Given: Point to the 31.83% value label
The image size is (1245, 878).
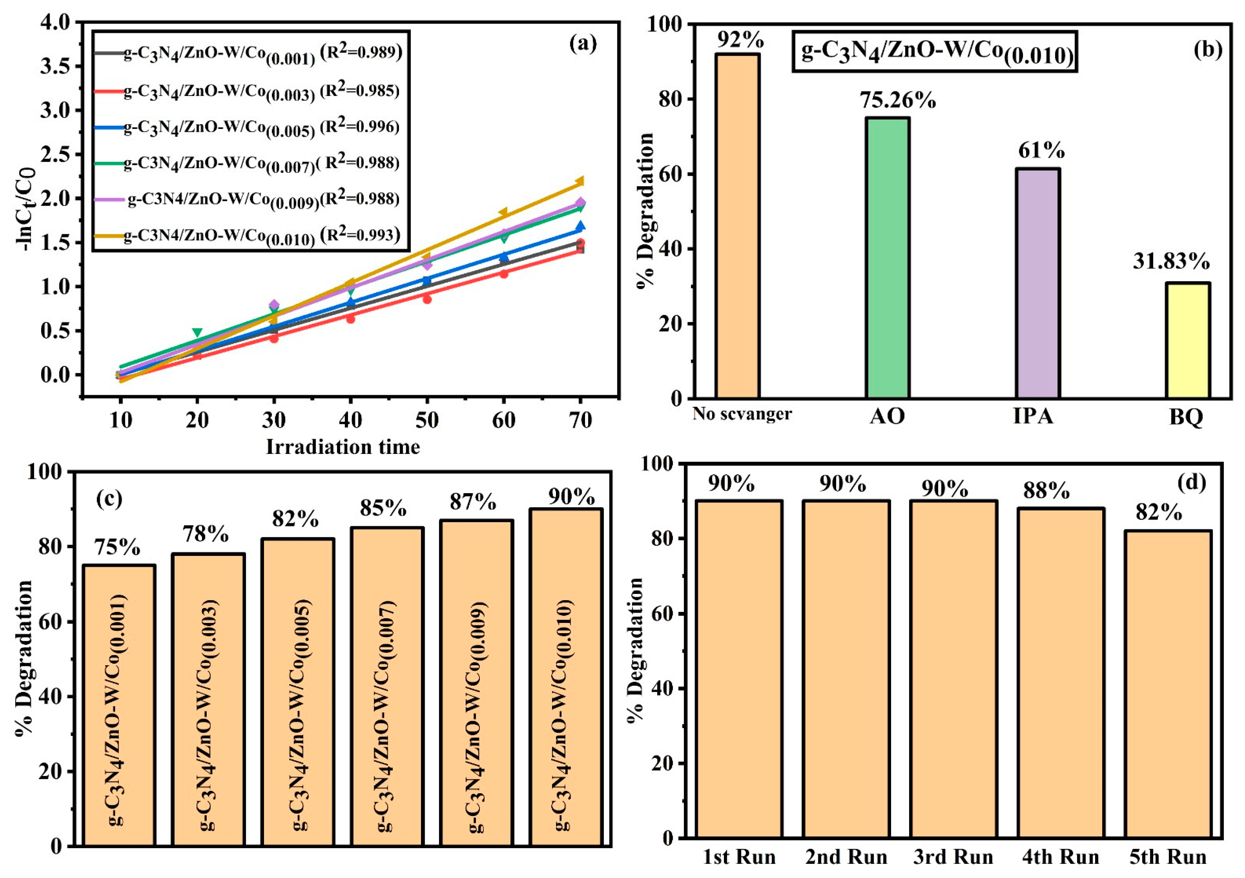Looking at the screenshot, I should click(1171, 262).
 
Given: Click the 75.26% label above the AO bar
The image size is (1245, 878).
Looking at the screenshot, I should click(898, 100).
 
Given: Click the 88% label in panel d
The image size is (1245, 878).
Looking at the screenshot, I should click(1046, 491).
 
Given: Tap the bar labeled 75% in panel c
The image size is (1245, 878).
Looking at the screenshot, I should click(119, 705).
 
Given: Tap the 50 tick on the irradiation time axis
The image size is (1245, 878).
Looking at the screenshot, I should click(427, 420).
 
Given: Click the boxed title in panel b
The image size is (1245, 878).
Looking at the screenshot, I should click(934, 52).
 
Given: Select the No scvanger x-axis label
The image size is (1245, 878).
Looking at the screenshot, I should click(742, 414).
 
